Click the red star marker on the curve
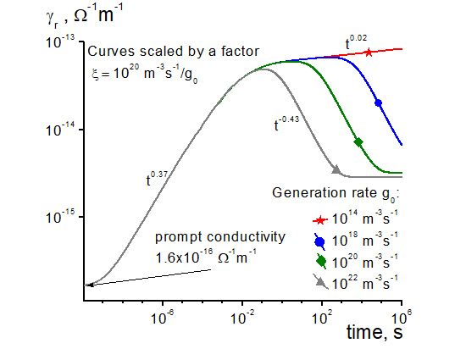[369, 53]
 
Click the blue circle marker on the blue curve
[378, 102]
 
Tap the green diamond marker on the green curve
[358, 141]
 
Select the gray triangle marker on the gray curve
[336, 170]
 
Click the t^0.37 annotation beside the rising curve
[157, 179]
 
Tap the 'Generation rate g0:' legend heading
[336, 193]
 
